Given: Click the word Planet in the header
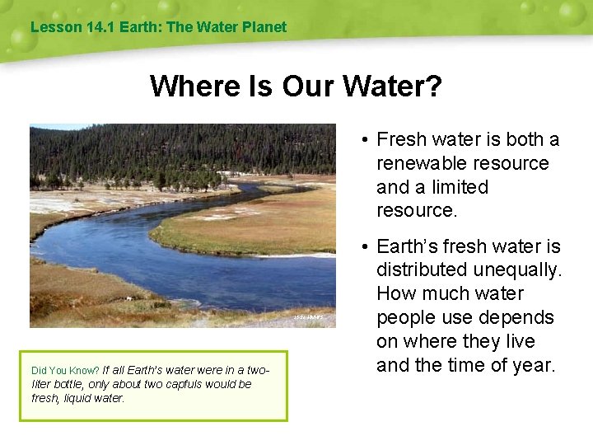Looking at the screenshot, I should [264, 26].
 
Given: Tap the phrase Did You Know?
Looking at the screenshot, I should [65, 371].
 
